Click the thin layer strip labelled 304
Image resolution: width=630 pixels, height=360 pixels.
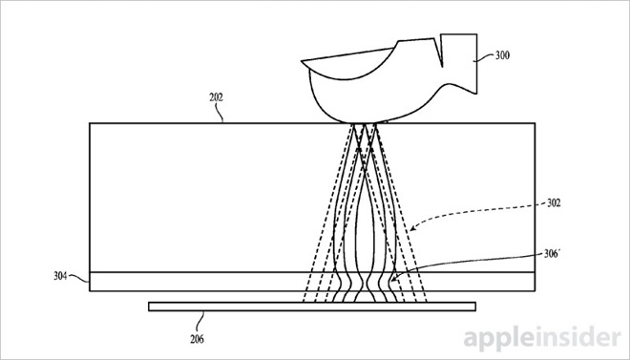pyautogui.click(x=191, y=281)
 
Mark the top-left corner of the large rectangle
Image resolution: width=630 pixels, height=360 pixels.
pyautogui.click(x=89, y=123)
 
